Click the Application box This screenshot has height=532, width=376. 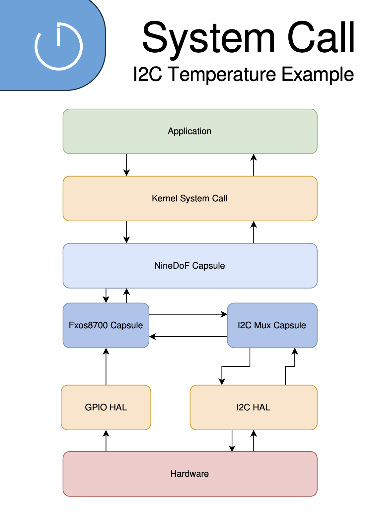pos(190,132)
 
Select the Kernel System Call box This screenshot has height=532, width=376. pos(190,198)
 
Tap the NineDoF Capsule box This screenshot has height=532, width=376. pos(190,266)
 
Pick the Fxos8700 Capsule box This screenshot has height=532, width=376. pos(106,325)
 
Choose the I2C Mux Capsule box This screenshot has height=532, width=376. pos(272,325)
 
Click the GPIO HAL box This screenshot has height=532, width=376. pos(106,407)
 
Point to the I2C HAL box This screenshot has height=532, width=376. pos(254,407)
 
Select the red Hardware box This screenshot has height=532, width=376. pos(190,474)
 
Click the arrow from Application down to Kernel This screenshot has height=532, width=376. pos(126,165)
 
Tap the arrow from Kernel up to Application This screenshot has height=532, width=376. pos(254,165)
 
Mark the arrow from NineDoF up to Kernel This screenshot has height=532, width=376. pos(254,232)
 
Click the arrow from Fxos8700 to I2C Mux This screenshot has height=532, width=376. pos(188,314)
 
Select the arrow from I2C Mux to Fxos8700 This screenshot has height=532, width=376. pos(188,337)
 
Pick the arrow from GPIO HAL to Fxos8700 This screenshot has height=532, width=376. pos(106,366)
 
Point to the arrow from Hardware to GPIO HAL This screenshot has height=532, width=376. pos(106,441)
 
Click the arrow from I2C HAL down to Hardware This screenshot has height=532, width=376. pos(232,441)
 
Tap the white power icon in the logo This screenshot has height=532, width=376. pos(59,46)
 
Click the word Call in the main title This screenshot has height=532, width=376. pos(321,37)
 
